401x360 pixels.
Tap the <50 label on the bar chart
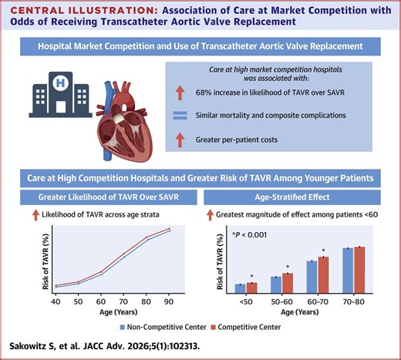click(x=244, y=304)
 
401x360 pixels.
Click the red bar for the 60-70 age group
click(x=323, y=275)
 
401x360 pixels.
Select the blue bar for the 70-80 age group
click(x=348, y=271)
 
